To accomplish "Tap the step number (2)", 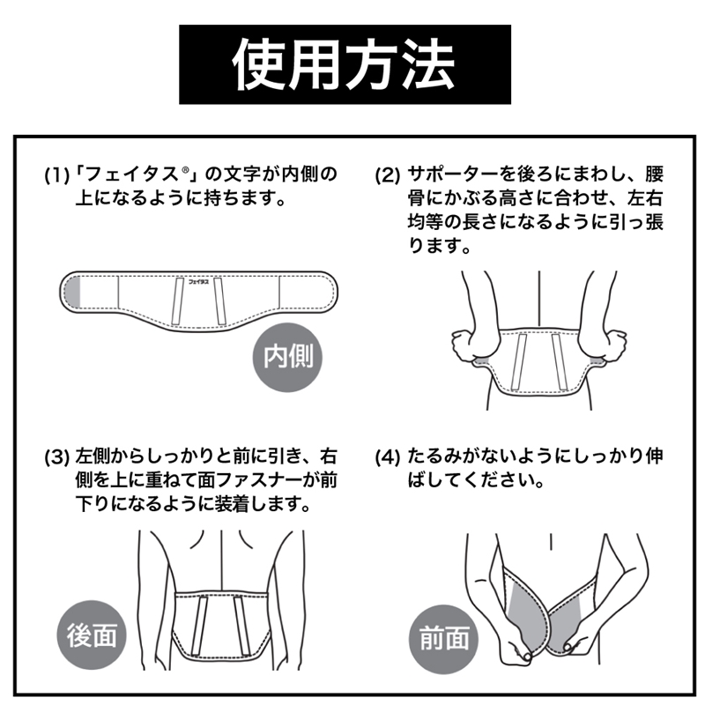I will tap(388, 174).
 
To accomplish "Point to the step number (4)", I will tap(388, 457).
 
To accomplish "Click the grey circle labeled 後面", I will tap(91, 636).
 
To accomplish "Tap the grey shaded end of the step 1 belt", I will tap(74, 291).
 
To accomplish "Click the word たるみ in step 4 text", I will tap(432, 457).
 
